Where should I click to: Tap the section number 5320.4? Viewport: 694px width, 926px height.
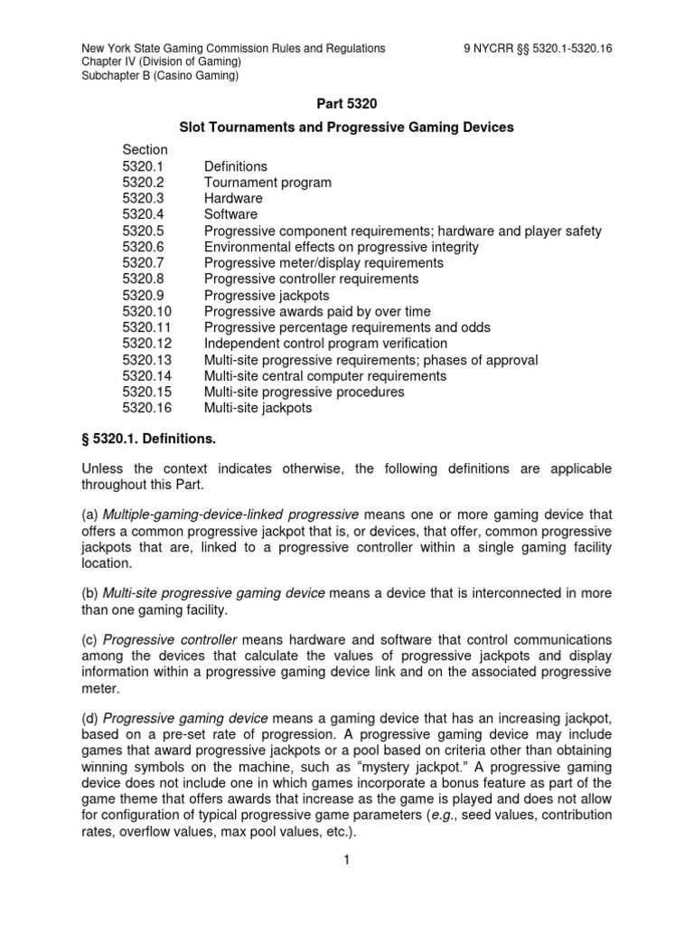pos(145,214)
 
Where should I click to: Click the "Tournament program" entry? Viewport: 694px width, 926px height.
pos(267,183)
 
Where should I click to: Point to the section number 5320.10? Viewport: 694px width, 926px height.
pos(148,312)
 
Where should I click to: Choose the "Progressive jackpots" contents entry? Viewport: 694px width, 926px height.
pos(267,296)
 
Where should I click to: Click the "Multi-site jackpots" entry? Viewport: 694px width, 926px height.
pos(258,408)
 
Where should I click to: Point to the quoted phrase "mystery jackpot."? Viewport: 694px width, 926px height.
pos(462,766)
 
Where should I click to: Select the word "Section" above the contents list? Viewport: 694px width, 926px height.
pos(145,149)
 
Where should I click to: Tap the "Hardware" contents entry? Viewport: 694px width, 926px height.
pos(233,198)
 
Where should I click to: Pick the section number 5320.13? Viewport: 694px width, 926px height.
pos(148,360)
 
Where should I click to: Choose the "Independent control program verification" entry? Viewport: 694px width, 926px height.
pos(325,344)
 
